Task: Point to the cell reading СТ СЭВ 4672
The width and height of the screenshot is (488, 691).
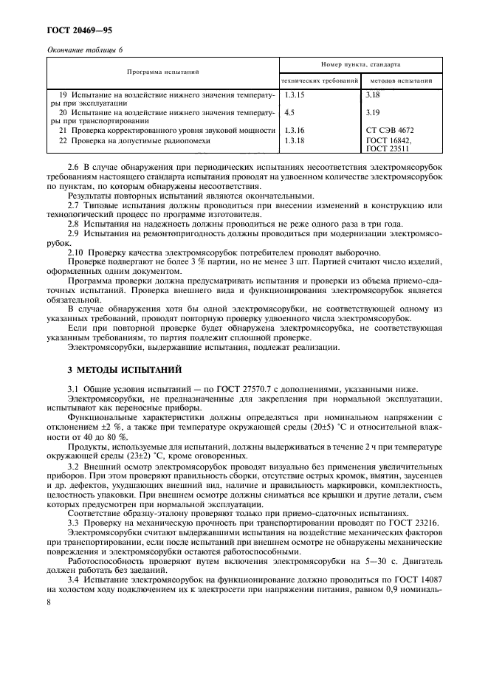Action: click(394, 130)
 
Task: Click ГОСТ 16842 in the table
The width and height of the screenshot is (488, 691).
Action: click(389, 140)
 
